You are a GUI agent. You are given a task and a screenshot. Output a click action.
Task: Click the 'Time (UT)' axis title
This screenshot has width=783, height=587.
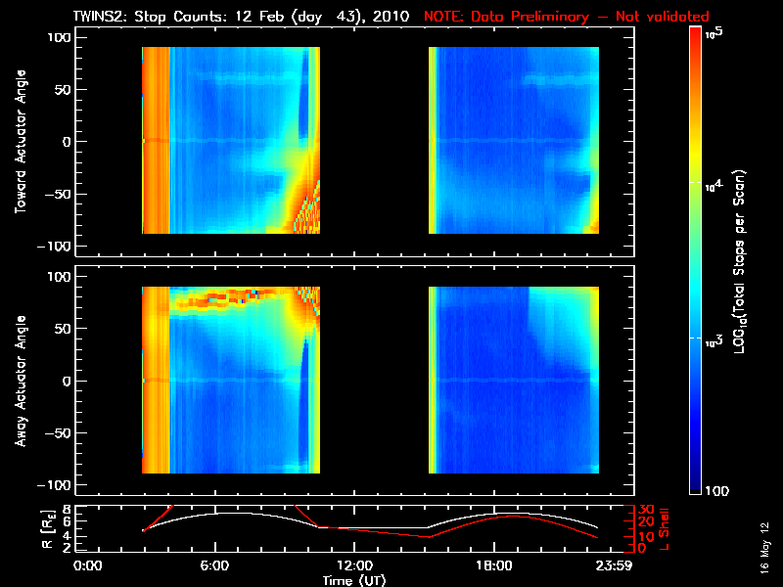[x=354, y=580]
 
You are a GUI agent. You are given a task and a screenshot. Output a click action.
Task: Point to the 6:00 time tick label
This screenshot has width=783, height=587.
[x=214, y=565]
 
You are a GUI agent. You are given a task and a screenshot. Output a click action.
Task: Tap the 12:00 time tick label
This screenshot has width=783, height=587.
[x=353, y=565]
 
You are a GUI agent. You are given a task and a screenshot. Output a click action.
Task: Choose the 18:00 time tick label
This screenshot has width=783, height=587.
[x=493, y=565]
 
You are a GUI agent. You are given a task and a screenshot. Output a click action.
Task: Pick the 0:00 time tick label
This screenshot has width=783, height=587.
[x=88, y=565]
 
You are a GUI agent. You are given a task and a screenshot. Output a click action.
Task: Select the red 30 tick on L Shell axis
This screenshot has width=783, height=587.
[x=645, y=510]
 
